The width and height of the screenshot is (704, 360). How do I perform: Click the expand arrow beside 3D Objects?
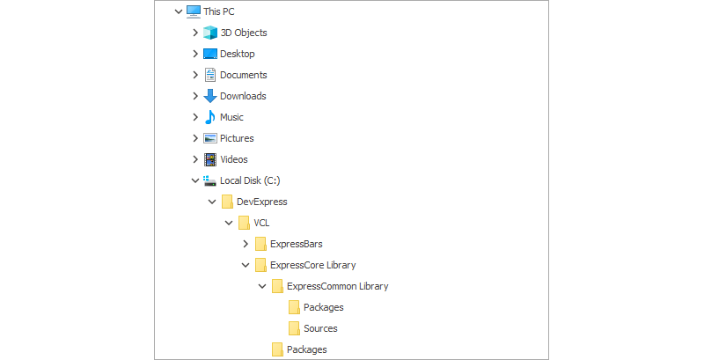pos(195,33)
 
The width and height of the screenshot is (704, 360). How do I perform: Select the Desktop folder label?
pos(237,54)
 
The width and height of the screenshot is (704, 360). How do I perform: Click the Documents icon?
pos(210,75)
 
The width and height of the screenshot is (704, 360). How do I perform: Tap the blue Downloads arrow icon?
pos(210,96)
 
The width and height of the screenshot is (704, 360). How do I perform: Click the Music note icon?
pos(210,117)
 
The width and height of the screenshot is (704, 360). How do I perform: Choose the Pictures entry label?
pos(237,138)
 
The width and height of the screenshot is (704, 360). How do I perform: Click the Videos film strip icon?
pos(210,159)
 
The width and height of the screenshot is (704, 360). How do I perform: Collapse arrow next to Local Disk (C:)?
pos(195,180)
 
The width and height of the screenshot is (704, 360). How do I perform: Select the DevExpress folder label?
pos(261,202)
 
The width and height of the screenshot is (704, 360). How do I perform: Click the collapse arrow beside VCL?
pos(229,223)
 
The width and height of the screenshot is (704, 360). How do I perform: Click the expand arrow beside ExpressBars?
pos(246,244)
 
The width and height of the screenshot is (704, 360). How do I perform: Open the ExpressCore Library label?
pos(312,265)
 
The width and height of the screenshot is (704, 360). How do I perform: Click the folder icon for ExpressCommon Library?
pos(277,286)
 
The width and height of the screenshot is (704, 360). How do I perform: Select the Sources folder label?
pos(320,328)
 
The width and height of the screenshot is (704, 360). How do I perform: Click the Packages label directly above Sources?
pos(323,307)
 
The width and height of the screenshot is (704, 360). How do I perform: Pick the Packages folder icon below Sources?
pos(277,349)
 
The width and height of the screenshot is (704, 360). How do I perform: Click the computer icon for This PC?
pos(194,11)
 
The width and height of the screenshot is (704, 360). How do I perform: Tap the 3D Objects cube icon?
pos(210,33)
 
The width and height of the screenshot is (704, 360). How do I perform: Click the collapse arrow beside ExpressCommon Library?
pos(262,286)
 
